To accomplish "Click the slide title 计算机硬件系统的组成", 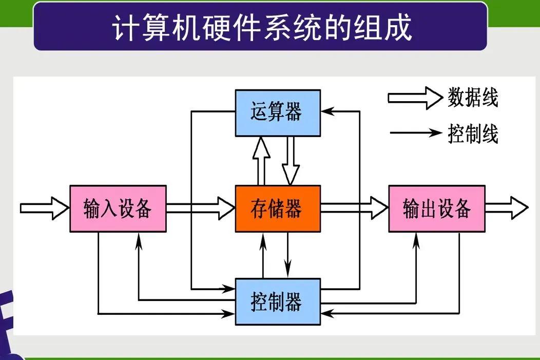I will tap(262, 27).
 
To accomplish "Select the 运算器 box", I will tap(278, 112).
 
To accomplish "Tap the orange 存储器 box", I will tap(278, 209).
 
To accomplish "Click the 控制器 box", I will tap(278, 301).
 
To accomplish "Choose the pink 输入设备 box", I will tap(118, 209).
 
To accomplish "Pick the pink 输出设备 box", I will tap(437, 209).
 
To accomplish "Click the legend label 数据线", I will tap(473, 98).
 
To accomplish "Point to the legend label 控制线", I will tap(473, 134).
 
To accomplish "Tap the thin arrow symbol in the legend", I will tap(416, 134).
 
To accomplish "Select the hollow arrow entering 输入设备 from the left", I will tap(44, 209).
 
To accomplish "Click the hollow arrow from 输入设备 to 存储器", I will tap(200, 209).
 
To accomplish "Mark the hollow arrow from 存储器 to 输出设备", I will tap(354, 209).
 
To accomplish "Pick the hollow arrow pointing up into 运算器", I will tap(261, 161).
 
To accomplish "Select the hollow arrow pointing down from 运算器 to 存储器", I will tap(291, 161).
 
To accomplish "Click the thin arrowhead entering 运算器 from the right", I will tap(326, 111).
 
